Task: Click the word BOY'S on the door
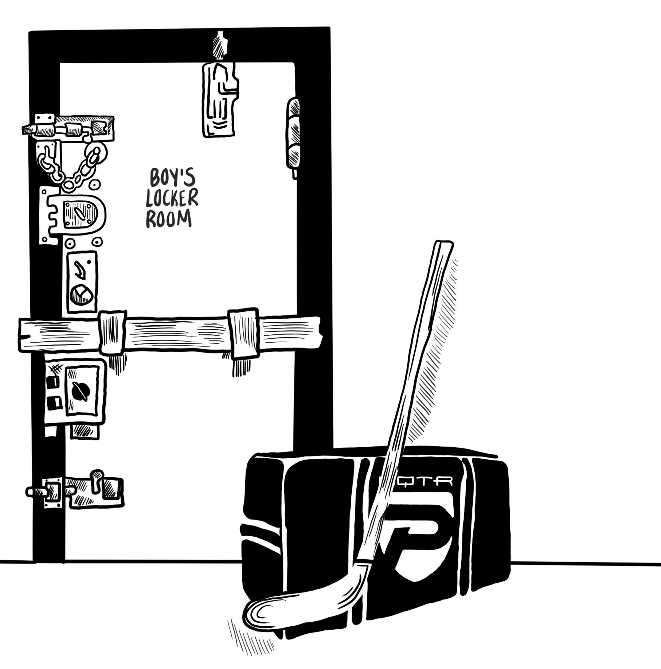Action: click(x=172, y=178)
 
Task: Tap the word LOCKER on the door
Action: click(x=172, y=198)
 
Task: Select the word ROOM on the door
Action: click(x=169, y=219)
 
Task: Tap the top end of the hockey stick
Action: click(x=443, y=245)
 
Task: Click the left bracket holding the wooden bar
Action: click(x=112, y=332)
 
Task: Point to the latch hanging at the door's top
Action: click(x=219, y=98)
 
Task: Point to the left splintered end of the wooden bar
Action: click(x=26, y=335)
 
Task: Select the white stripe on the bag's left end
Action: click(x=262, y=532)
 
